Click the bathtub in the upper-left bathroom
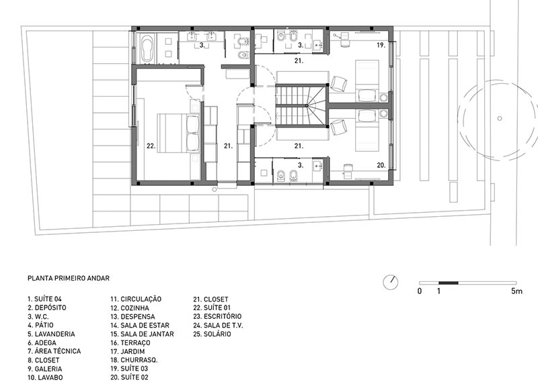pyautogui.click(x=148, y=48)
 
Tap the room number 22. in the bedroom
pyautogui.click(x=151, y=146)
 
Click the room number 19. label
pyautogui.click(x=381, y=45)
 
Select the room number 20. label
pyautogui.click(x=381, y=165)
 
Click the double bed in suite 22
pyautogui.click(x=178, y=133)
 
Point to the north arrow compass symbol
pyautogui.click(x=391, y=282)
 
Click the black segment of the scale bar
pyautogui.click(x=449, y=283)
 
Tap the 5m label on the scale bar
pyautogui.click(x=516, y=291)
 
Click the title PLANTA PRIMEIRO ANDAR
pyautogui.click(x=69, y=279)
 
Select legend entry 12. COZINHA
pyautogui.click(x=130, y=308)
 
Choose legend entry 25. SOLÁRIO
pyautogui.click(x=212, y=334)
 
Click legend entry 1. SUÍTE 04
pyautogui.click(x=44, y=299)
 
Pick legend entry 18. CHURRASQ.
pyautogui.click(x=134, y=360)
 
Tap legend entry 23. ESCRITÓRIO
pyautogui.click(x=217, y=316)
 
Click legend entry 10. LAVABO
pyautogui.click(x=45, y=378)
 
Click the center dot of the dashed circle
pyautogui.click(x=500, y=118)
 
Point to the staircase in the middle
pyautogui.click(x=301, y=105)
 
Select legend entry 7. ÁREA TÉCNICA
pyautogui.click(x=54, y=351)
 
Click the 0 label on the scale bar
pyautogui.click(x=420, y=291)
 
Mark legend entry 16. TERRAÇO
pyautogui.click(x=130, y=343)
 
